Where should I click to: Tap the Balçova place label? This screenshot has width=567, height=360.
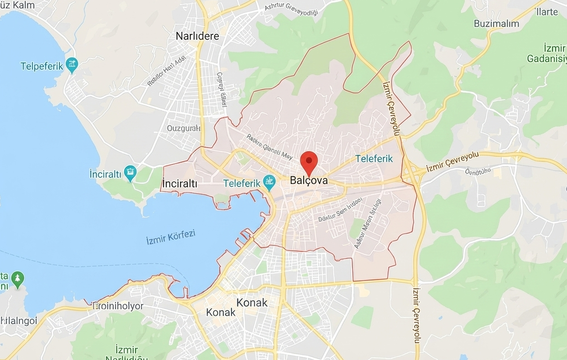point(309,180)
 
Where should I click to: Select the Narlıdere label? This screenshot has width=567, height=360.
point(198,36)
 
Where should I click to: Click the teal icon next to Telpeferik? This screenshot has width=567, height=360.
point(72,65)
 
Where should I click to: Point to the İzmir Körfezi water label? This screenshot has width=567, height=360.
point(171,237)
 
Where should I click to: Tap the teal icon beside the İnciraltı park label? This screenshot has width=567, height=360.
point(131,173)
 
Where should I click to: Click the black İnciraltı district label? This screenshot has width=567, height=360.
point(180,184)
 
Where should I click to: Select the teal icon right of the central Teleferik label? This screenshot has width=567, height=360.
point(269,183)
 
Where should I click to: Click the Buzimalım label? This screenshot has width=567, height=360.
point(496,24)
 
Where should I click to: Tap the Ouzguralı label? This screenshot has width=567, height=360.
point(184,128)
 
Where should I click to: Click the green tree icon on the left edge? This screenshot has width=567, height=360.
point(18,280)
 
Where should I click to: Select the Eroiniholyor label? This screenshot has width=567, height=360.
point(118,306)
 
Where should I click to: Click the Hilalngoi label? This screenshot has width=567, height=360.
point(19,321)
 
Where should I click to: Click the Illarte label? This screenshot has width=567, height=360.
point(547,12)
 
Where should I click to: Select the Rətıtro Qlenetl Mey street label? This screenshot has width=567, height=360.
point(269,147)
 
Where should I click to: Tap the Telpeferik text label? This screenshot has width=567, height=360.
point(42,66)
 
